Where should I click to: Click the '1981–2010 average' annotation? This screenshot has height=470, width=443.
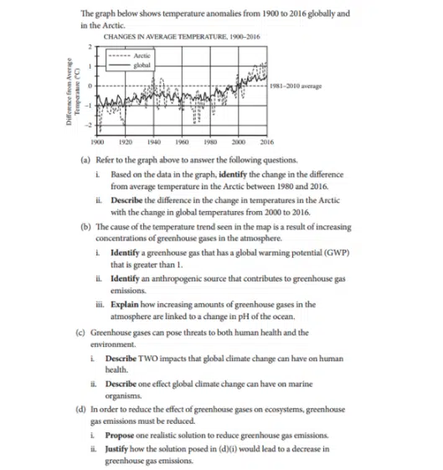point(298,85)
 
